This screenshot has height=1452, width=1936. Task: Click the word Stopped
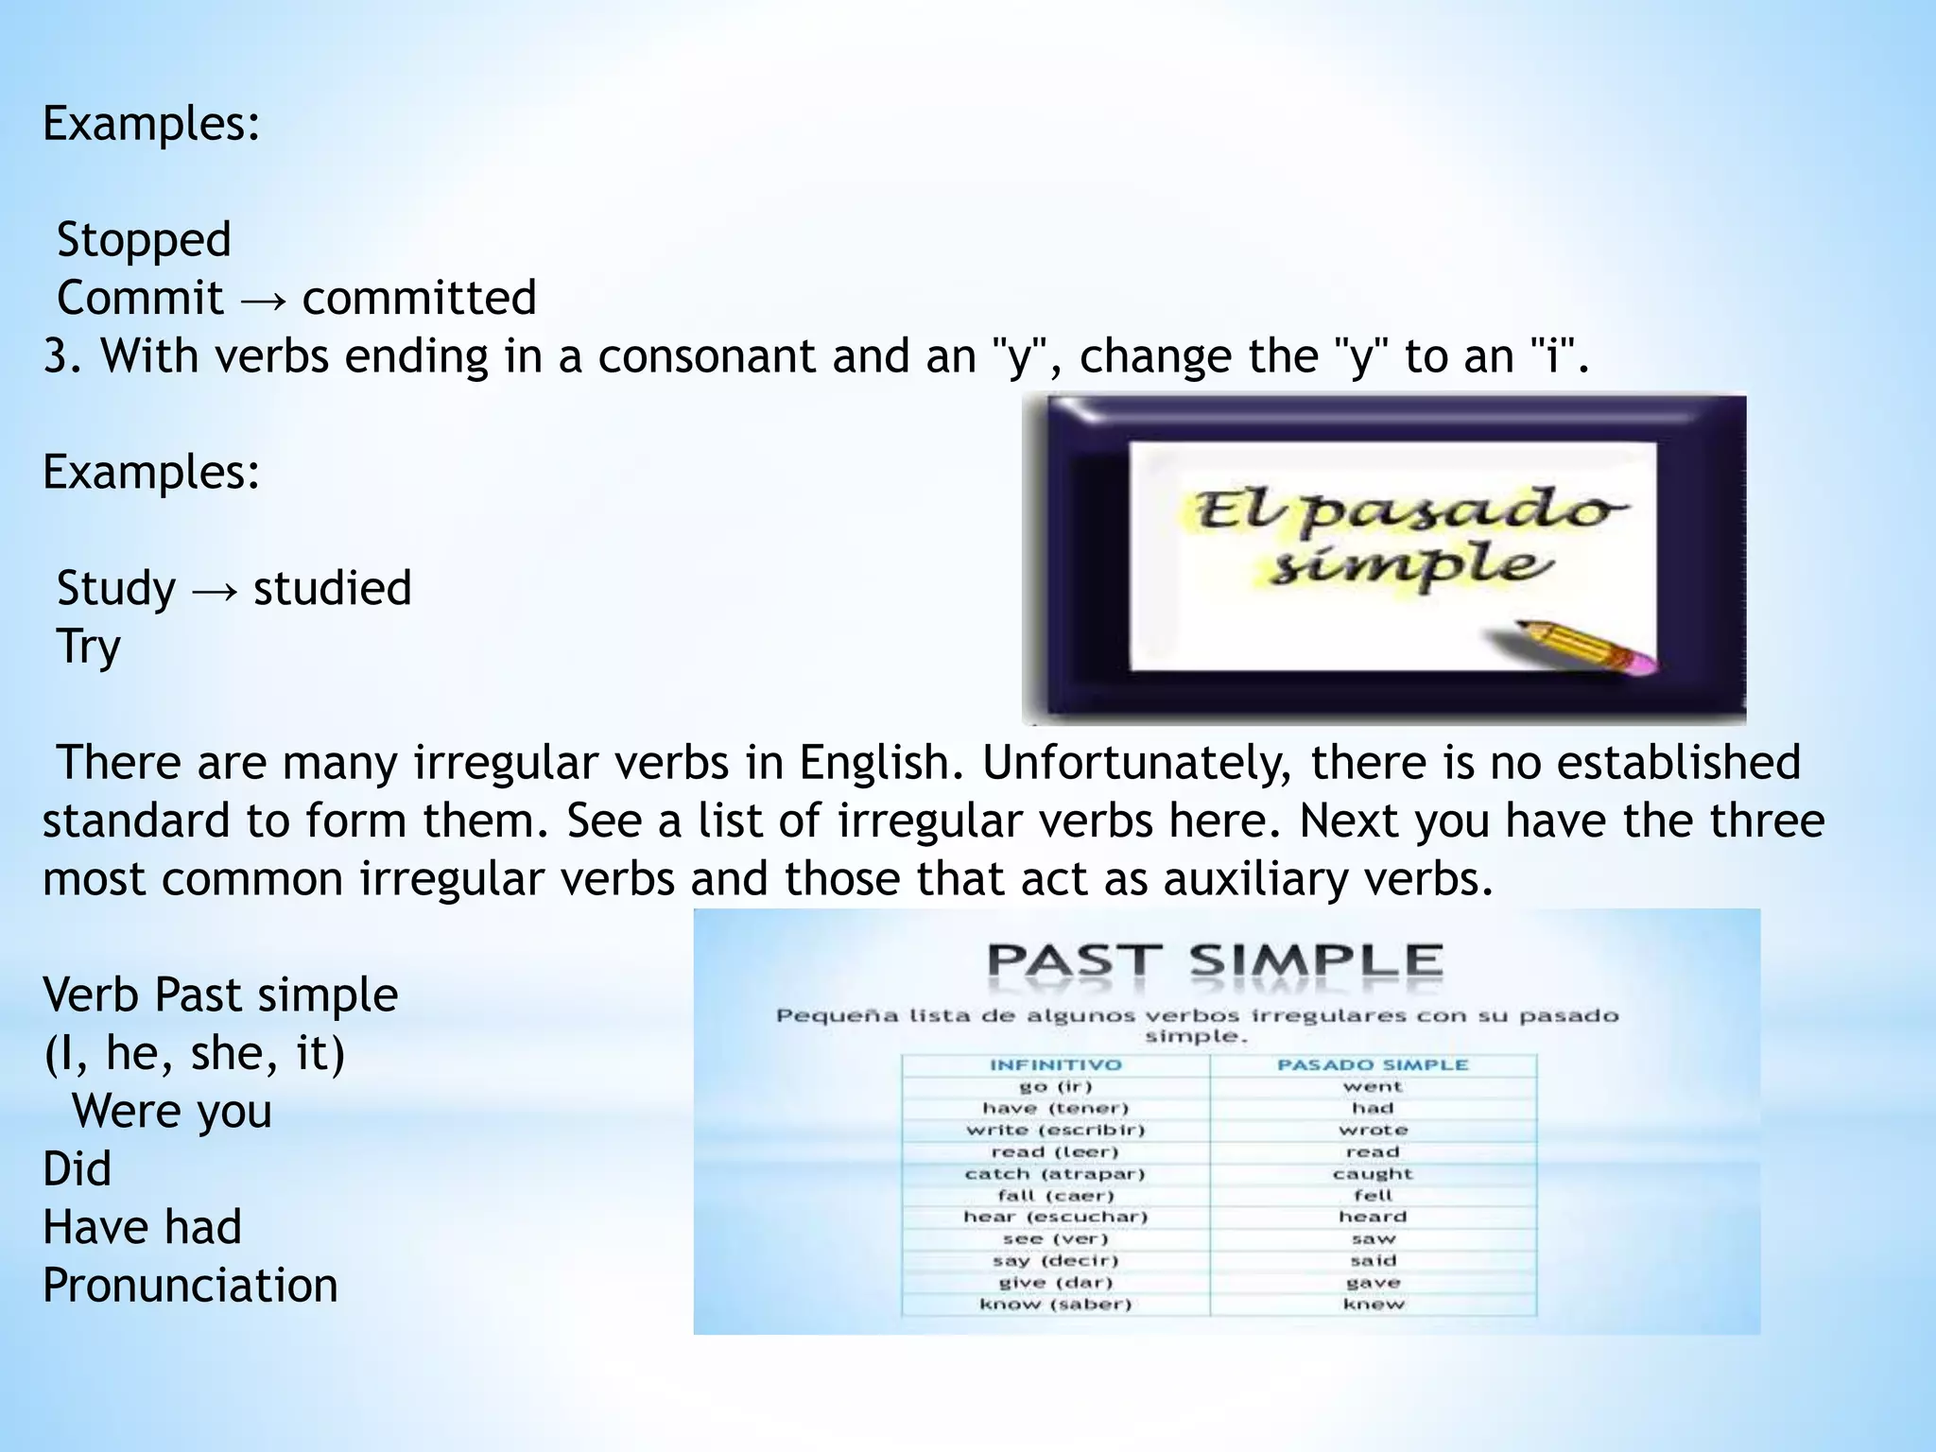click(x=144, y=240)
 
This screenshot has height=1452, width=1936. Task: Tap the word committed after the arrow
click(x=419, y=298)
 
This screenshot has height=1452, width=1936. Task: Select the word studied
click(x=332, y=588)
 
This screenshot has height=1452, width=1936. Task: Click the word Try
click(x=89, y=648)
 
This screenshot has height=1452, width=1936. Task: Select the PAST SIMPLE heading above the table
click(x=1215, y=962)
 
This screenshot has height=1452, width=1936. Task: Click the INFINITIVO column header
click(x=1055, y=1065)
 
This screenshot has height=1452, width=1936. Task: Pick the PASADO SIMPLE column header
click(x=1373, y=1065)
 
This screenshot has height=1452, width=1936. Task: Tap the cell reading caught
click(x=1373, y=1174)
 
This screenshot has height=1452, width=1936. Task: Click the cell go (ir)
click(x=1055, y=1087)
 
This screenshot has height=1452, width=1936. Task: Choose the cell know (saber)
click(x=1055, y=1305)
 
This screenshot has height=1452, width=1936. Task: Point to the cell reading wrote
click(x=1373, y=1131)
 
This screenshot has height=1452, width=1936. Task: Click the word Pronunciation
click(x=190, y=1286)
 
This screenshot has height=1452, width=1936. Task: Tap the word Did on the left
click(x=77, y=1169)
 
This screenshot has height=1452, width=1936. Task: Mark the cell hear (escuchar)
click(x=1055, y=1218)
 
